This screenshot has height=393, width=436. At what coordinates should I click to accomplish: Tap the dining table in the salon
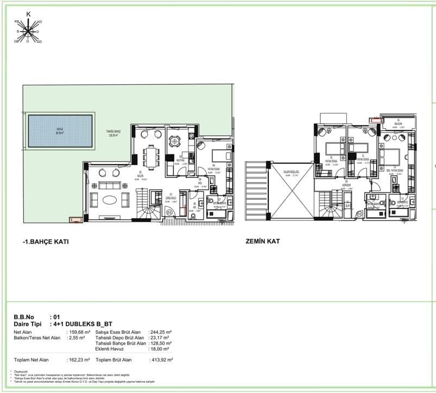(150, 157)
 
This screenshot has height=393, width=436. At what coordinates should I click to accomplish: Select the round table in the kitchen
(174, 142)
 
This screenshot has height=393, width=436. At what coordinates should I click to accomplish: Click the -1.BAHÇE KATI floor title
(46, 241)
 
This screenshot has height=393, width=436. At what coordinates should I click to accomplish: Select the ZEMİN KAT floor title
(263, 241)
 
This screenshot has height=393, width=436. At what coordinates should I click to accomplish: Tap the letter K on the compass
(28, 14)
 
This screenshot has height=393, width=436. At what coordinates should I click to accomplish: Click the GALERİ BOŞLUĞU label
(292, 174)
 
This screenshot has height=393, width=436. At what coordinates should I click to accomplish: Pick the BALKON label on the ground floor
(399, 123)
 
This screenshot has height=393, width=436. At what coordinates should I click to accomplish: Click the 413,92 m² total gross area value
(161, 359)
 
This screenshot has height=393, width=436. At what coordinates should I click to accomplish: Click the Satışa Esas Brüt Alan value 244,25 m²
(161, 332)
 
